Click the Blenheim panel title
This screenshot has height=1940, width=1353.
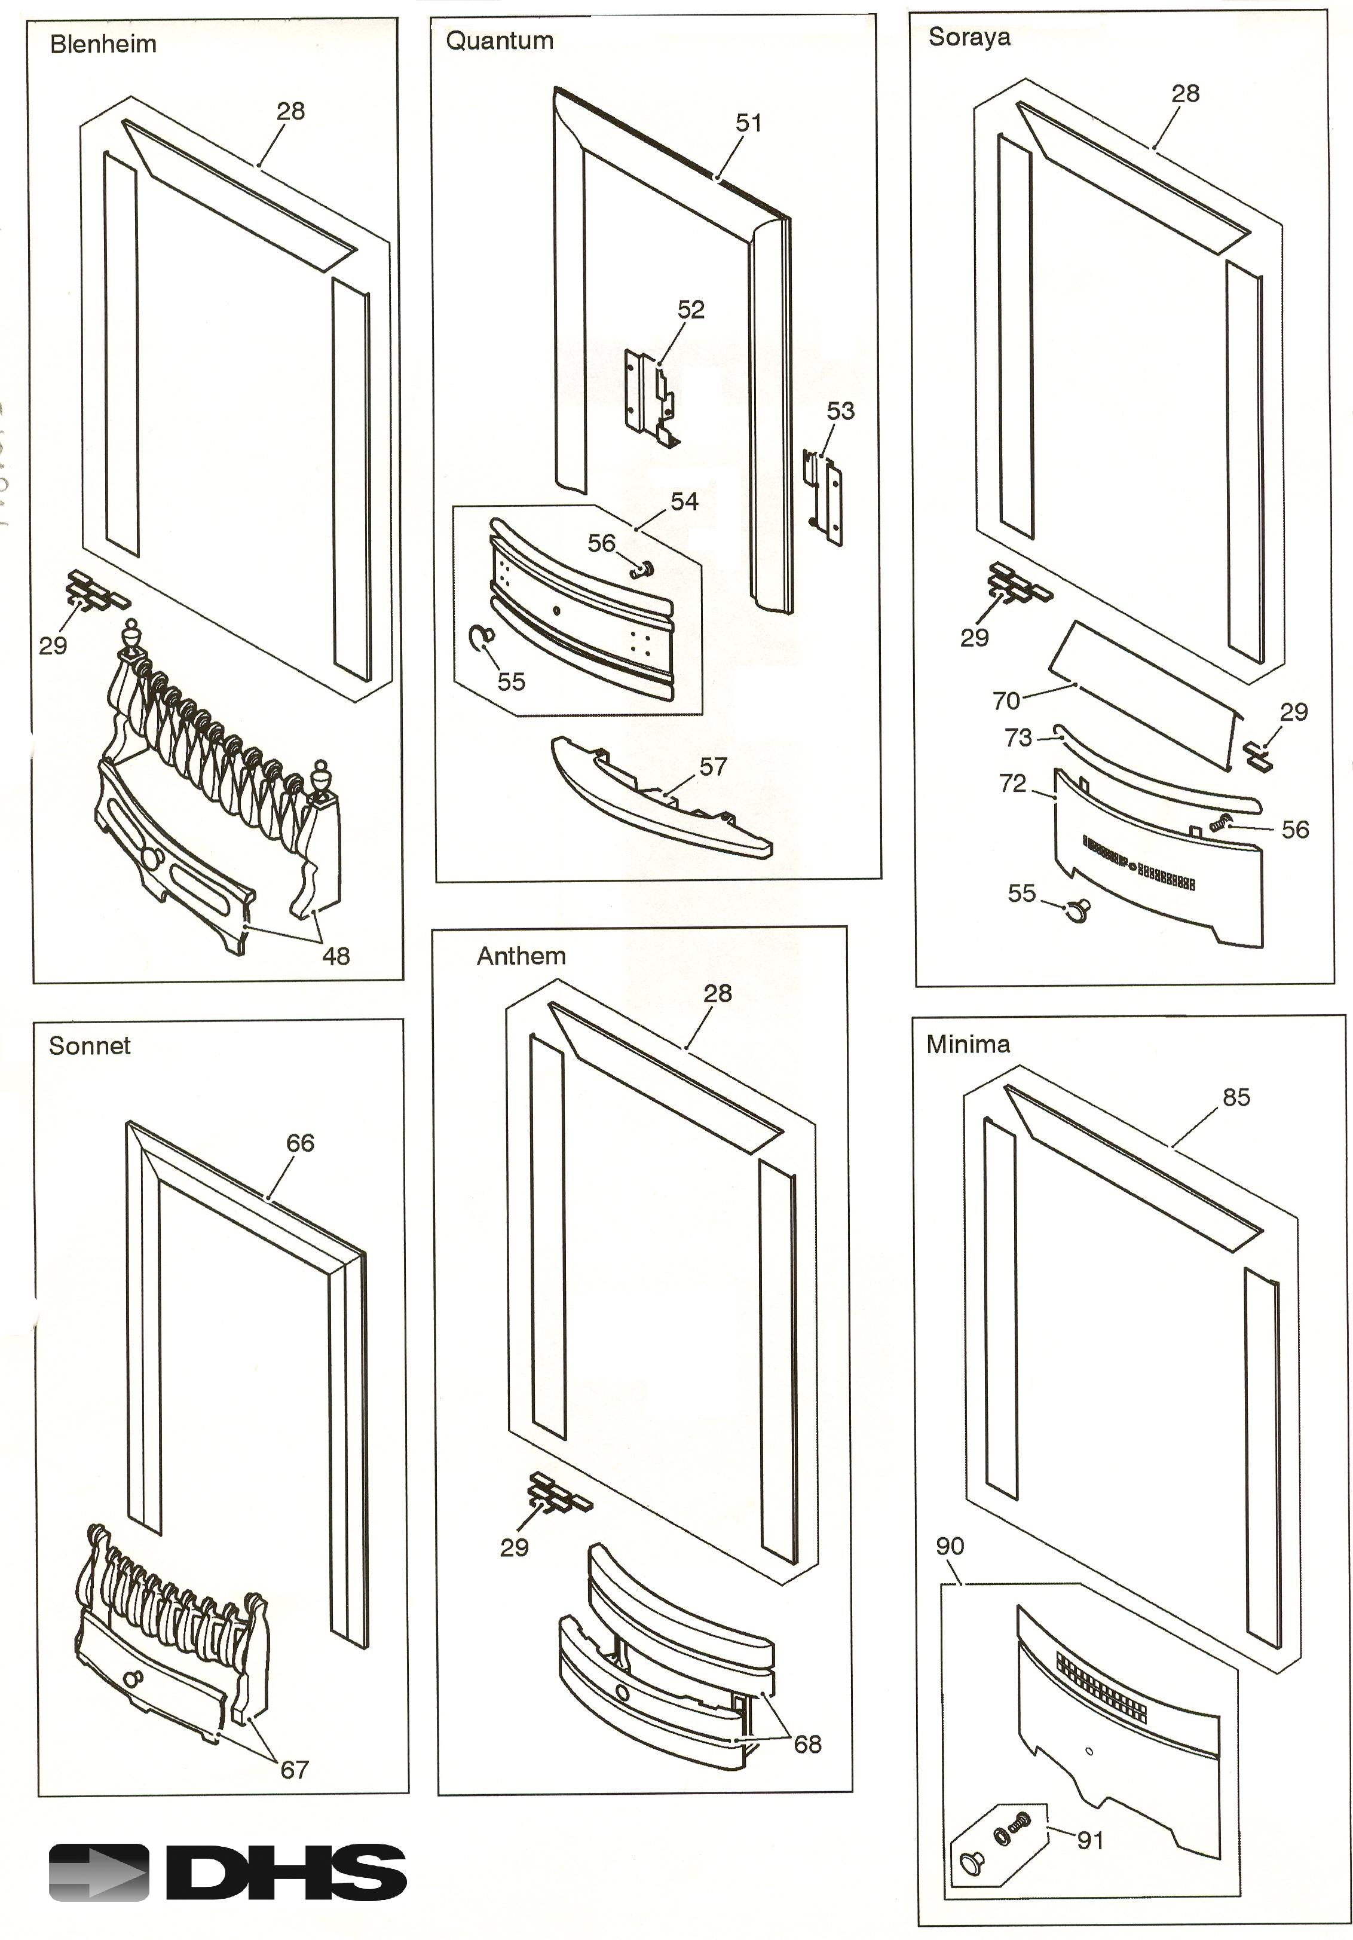click(x=103, y=44)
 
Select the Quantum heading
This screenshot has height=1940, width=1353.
click(x=500, y=41)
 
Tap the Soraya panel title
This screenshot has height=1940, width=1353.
click(x=969, y=37)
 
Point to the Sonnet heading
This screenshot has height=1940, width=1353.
click(x=90, y=1046)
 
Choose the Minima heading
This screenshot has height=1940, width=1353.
click(x=968, y=1044)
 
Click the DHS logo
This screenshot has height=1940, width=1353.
click(x=227, y=1872)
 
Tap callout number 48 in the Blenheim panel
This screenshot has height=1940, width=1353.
click(x=335, y=956)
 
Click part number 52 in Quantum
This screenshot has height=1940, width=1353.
click(x=690, y=310)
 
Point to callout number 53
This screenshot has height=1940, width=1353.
click(x=840, y=412)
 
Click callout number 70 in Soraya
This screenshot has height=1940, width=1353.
click(x=1006, y=700)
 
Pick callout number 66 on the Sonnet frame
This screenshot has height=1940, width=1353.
click(x=300, y=1143)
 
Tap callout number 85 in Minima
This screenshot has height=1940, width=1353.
click(x=1235, y=1097)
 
